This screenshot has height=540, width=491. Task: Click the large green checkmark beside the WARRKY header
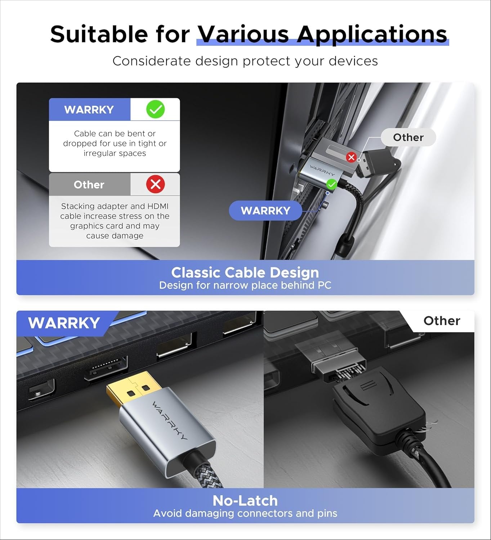(x=155, y=109)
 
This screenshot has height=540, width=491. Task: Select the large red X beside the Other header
(x=155, y=184)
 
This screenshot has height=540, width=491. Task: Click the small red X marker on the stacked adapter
(x=351, y=157)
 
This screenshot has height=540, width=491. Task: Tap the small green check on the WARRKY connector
(x=331, y=185)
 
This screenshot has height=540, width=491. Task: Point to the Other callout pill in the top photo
(x=408, y=138)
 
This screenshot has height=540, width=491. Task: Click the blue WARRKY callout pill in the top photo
(x=265, y=211)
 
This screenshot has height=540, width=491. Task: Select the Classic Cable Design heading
(x=245, y=273)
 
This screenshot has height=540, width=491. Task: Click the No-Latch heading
(x=245, y=500)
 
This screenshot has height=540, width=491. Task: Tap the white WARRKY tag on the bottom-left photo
(x=64, y=323)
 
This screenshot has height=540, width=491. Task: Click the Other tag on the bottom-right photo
(x=442, y=321)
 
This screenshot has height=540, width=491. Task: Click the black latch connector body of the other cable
(x=375, y=414)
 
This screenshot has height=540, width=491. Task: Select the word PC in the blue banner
(x=324, y=285)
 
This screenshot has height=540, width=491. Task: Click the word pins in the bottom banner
(x=327, y=513)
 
